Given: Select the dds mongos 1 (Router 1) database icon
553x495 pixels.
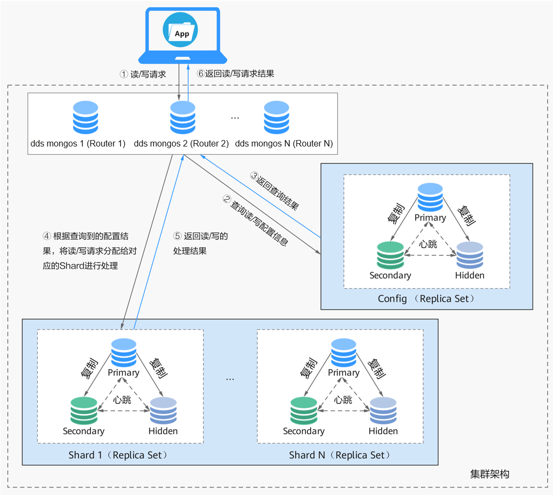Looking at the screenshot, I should tap(85, 117).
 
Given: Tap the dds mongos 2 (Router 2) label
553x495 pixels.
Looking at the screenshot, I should tap(181, 144).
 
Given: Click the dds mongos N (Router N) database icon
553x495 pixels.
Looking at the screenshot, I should tap(277, 117).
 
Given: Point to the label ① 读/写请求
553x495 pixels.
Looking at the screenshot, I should tap(143, 74).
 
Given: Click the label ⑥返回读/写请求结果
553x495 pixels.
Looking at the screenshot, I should tap(236, 74).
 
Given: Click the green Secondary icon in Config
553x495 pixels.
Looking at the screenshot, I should tap(390, 255).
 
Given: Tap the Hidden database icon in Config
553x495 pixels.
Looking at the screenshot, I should tap(470, 255).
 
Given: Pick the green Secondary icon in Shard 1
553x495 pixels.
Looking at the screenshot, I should tap(84, 411).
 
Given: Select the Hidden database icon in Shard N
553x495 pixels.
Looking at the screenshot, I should tap(383, 411).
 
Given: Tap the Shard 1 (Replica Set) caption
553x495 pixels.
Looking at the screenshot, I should tap(118, 455).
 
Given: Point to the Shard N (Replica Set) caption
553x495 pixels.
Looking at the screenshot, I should tap(339, 455).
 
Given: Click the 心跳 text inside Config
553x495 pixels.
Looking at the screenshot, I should tap(429, 243).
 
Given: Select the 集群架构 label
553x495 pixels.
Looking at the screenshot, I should tap(489, 474).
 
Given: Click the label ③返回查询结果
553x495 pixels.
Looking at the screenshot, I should tap(275, 191).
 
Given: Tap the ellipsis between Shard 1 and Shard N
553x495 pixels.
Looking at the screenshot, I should tap(230, 379).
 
